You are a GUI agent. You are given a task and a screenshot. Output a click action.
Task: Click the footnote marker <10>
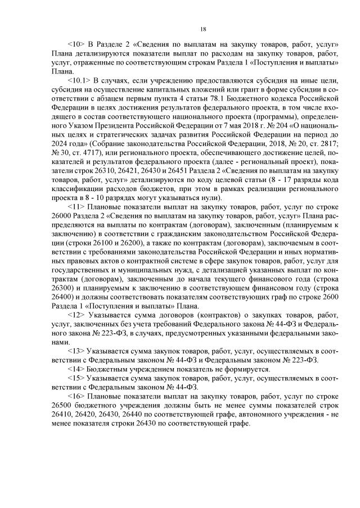click(76, 44)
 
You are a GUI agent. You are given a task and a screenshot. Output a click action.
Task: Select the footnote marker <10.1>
click(79, 80)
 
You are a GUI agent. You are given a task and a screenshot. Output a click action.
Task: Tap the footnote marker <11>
click(76, 207)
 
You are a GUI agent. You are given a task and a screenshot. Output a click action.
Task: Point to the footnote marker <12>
click(76, 315)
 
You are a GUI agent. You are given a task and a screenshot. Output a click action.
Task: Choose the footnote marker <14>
click(76, 369)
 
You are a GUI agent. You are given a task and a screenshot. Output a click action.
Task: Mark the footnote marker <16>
click(76, 396)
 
